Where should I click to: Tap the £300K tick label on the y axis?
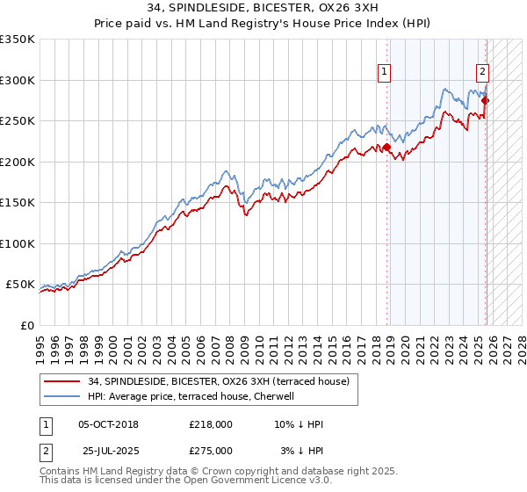pyautogui.click(x=18, y=80)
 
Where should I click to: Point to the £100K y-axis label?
pyautogui.click(x=18, y=243)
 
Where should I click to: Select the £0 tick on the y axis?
pyautogui.click(x=26, y=325)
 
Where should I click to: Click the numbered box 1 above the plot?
pyautogui.click(x=385, y=73)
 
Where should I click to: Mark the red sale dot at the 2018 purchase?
pyautogui.click(x=386, y=148)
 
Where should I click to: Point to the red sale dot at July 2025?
pyautogui.click(x=485, y=100)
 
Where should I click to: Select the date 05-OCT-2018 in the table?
pyautogui.click(x=108, y=424)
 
